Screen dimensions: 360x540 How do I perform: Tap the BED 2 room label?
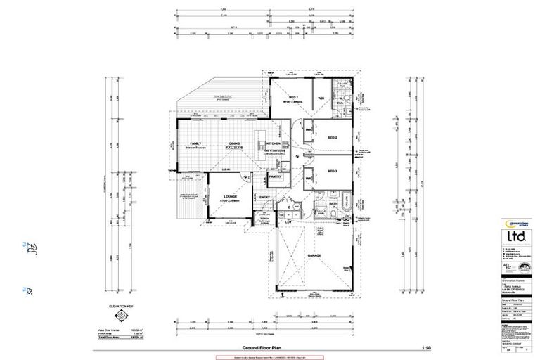[x=333, y=138]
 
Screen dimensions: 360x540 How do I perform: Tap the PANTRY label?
[x=275, y=176]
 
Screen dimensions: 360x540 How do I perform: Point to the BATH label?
[x=344, y=204]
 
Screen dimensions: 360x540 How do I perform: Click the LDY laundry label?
[x=288, y=222]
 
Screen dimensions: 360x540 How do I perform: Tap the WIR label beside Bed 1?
[x=320, y=98]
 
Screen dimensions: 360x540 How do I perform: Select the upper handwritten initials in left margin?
[x=30, y=246]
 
